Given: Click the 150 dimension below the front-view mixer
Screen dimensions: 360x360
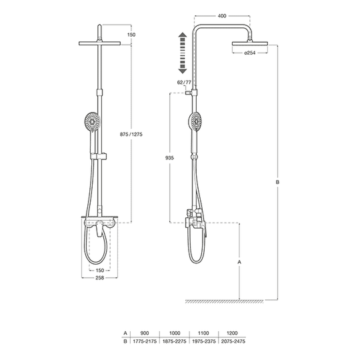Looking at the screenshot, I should [99, 270].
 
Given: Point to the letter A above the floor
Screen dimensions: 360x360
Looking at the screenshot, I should [239, 263].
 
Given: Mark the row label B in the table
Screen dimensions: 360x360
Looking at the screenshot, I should [125, 340].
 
